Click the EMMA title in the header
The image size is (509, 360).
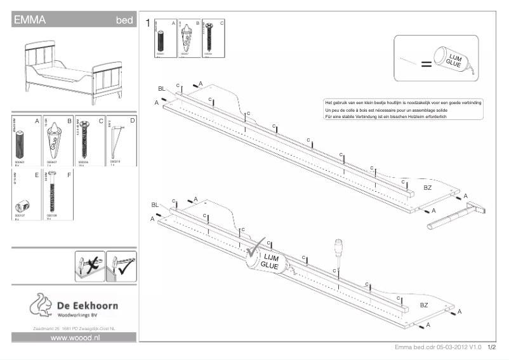pyautogui.click(x=29, y=20)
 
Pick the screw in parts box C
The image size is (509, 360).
pyautogui.click(x=85, y=140)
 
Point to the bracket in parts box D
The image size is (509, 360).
pyautogui.click(x=116, y=143)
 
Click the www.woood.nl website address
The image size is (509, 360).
pyautogui.click(x=76, y=338)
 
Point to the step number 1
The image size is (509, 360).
pyautogui.click(x=148, y=23)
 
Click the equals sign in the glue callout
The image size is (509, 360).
pyautogui.click(x=426, y=64)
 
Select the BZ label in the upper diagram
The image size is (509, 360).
pyautogui.click(x=427, y=189)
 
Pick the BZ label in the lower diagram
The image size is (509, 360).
pyautogui.click(x=423, y=305)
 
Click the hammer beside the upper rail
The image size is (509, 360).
pyautogui.click(x=452, y=215)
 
